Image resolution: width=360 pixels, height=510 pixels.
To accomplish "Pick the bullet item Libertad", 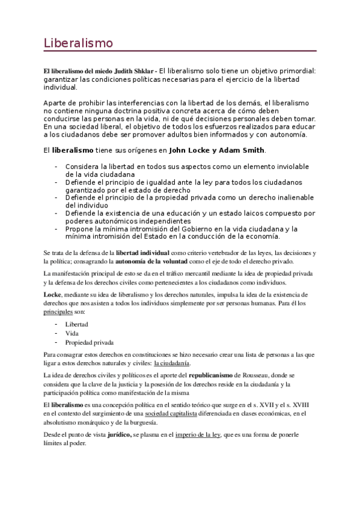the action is [78, 324].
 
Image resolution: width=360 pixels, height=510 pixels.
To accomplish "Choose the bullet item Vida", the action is [73, 333].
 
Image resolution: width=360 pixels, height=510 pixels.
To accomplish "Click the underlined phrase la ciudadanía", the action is [172, 363].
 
